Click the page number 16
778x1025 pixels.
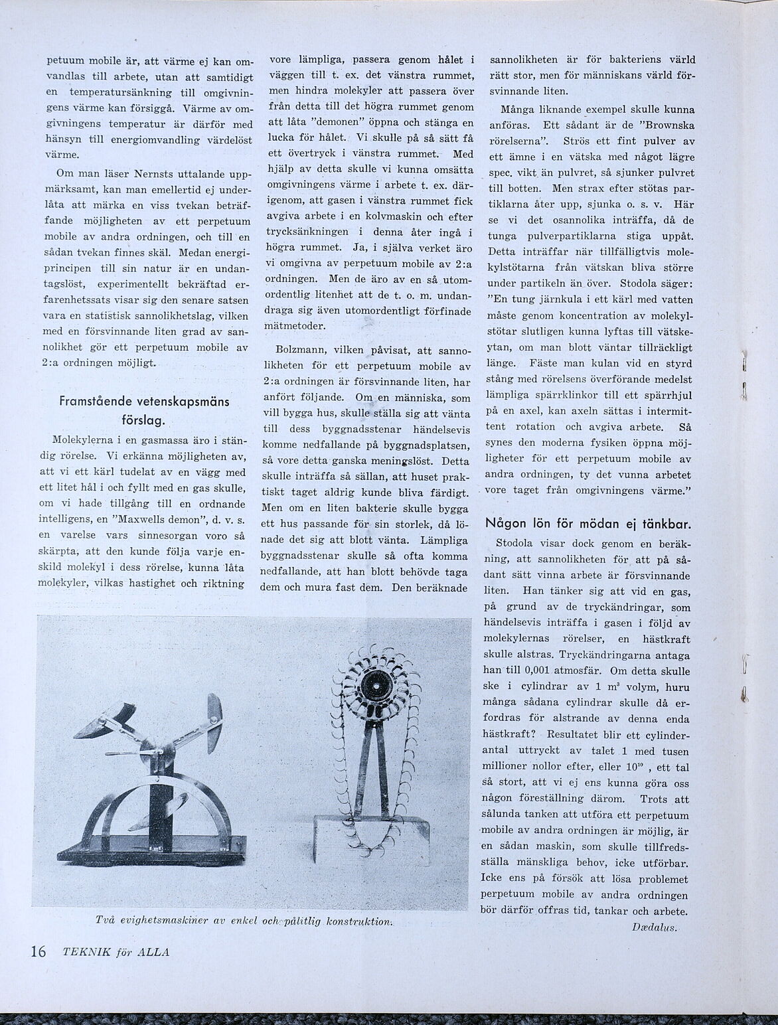[x=37, y=951]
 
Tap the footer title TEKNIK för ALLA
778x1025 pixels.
[x=116, y=951]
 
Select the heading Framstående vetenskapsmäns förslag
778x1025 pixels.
[x=144, y=410]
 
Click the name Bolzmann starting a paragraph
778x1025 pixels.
[x=299, y=349]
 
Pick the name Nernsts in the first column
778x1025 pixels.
[x=140, y=175]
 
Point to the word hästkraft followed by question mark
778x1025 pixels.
[x=508, y=735]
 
